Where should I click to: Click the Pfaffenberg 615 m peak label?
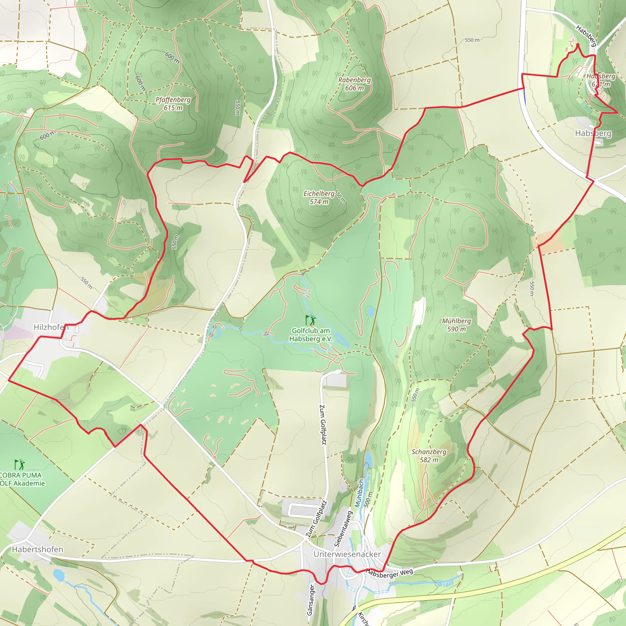pyautogui.click(x=173, y=104)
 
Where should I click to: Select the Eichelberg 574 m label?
pyautogui.click(x=319, y=198)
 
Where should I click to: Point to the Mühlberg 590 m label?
pyautogui.click(x=457, y=325)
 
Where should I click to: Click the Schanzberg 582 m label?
pyautogui.click(x=429, y=456)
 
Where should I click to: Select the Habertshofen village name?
pyautogui.click(x=38, y=550)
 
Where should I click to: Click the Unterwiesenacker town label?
pyautogui.click(x=347, y=554)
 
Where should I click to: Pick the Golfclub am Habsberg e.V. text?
pyautogui.click(x=311, y=335)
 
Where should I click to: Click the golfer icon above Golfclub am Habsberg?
pyautogui.click(x=311, y=320)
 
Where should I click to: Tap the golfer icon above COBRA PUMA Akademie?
pyautogui.click(x=20, y=465)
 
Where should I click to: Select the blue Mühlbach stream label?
pyautogui.click(x=359, y=493)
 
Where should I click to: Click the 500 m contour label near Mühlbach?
pyautogui.click(x=368, y=499)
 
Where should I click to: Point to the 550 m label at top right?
pyautogui.click(x=472, y=40)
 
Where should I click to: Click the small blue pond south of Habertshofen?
pyautogui.click(x=59, y=575)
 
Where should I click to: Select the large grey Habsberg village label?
pyautogui.click(x=593, y=133)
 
